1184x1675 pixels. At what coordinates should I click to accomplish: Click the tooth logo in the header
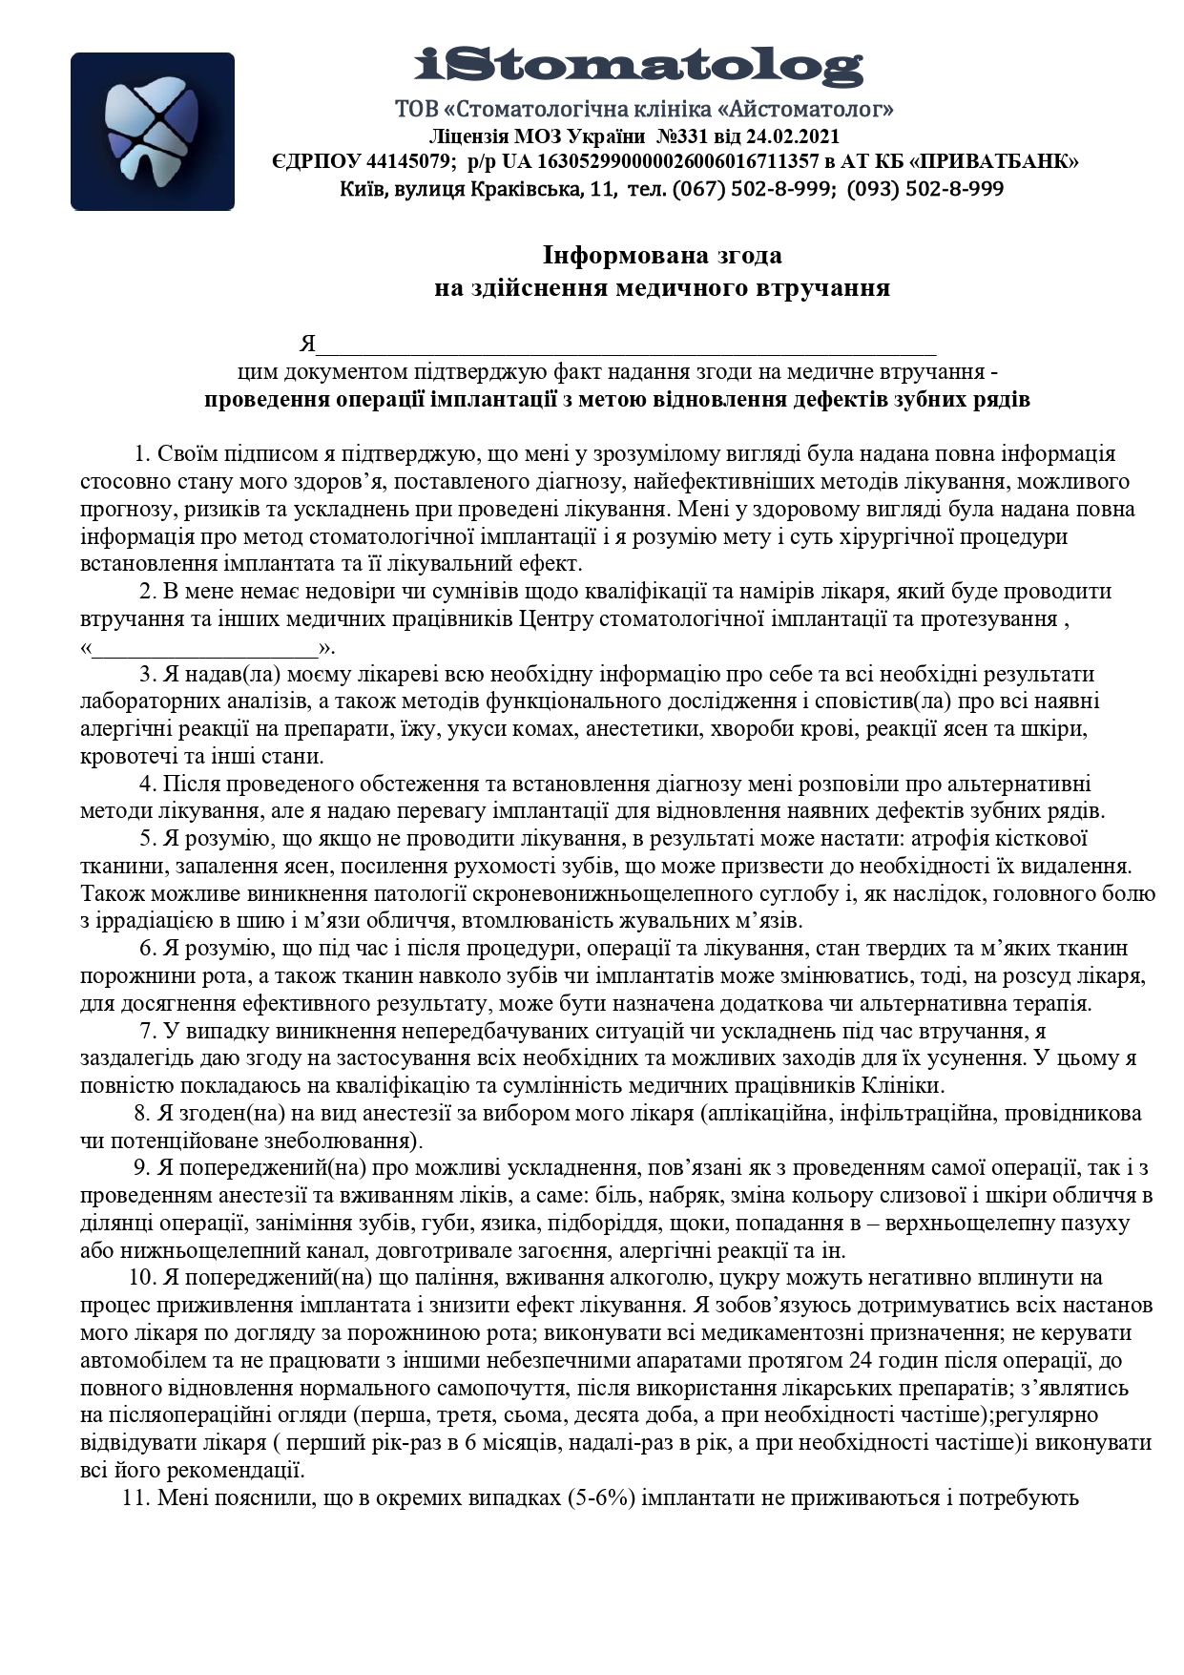[153, 131]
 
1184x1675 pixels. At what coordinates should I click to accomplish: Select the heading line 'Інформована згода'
[662, 256]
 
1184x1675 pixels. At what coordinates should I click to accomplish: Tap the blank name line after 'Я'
[626, 345]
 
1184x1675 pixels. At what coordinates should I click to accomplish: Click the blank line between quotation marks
[204, 648]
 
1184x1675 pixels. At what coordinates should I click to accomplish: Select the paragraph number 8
[140, 1113]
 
